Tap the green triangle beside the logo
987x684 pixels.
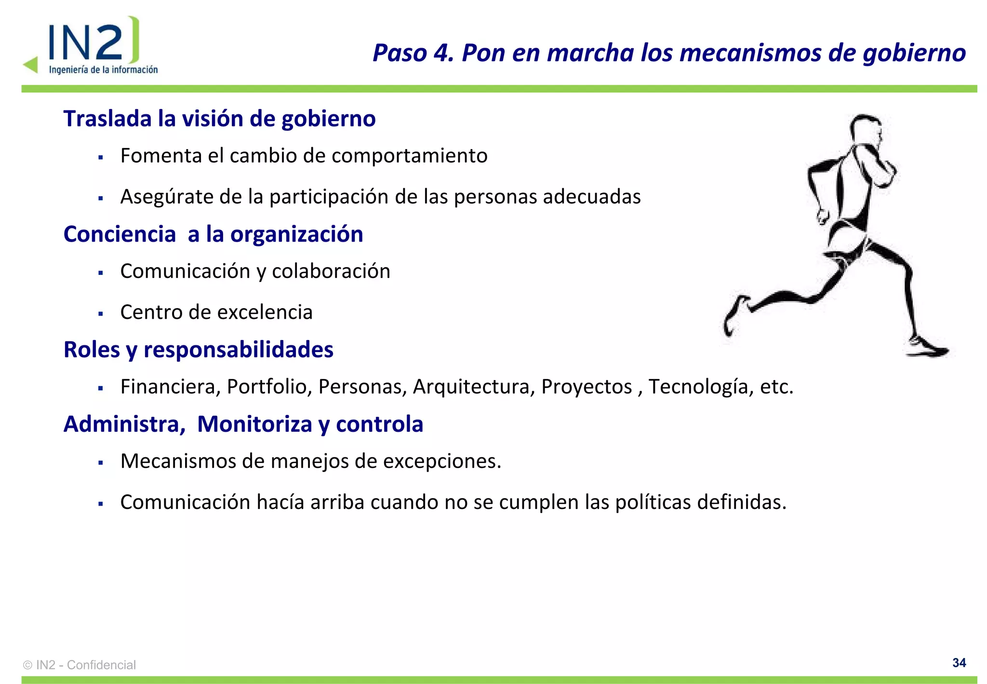click(31, 65)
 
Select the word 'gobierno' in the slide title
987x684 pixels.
click(914, 54)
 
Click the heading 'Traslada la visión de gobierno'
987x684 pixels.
click(219, 119)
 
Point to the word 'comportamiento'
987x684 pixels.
click(409, 156)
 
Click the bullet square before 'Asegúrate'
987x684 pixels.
click(101, 198)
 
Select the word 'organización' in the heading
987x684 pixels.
click(296, 234)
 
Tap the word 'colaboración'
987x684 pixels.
click(331, 271)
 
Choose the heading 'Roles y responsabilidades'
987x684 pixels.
click(198, 350)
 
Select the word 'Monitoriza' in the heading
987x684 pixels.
click(254, 424)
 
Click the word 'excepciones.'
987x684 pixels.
click(442, 461)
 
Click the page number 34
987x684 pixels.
click(959, 663)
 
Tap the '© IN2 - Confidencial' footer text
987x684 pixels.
click(80, 665)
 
